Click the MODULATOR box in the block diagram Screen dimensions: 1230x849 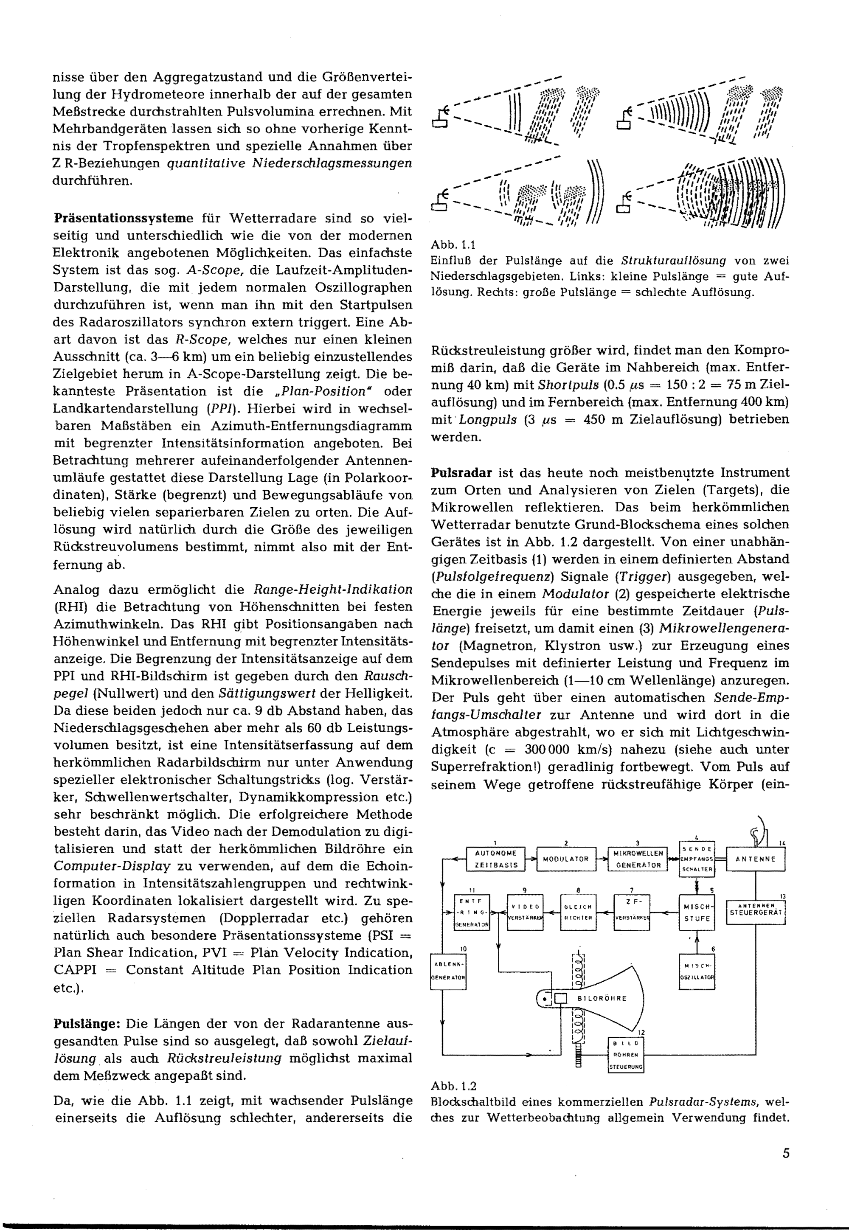click(565, 859)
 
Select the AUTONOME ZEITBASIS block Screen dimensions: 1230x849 click(495, 859)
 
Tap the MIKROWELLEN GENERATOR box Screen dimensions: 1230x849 click(638, 859)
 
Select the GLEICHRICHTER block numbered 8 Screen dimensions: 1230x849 click(578, 913)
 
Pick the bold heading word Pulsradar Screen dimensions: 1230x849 click(461, 473)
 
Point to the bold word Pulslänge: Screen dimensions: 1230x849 click(88, 1024)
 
